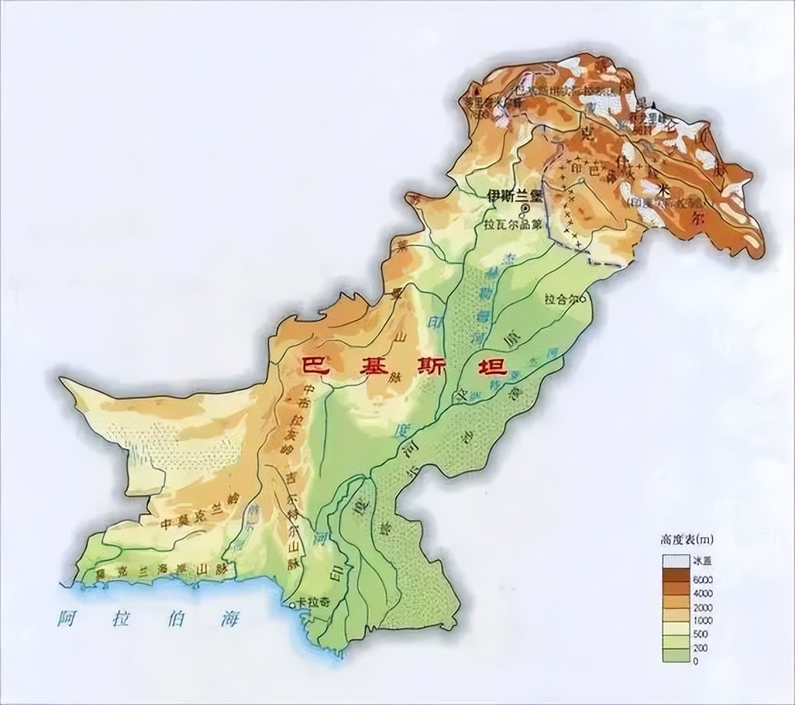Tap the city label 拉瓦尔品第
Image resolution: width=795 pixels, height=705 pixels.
coord(512,226)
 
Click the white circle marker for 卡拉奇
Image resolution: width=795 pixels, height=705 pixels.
coord(292,605)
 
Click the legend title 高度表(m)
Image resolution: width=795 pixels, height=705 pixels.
coord(687,540)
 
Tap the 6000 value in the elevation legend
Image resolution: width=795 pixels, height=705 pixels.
coord(703,579)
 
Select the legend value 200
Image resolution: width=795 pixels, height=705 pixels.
coord(701,647)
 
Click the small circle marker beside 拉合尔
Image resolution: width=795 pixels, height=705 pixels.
coord(583,299)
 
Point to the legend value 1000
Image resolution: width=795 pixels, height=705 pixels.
coord(703,620)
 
